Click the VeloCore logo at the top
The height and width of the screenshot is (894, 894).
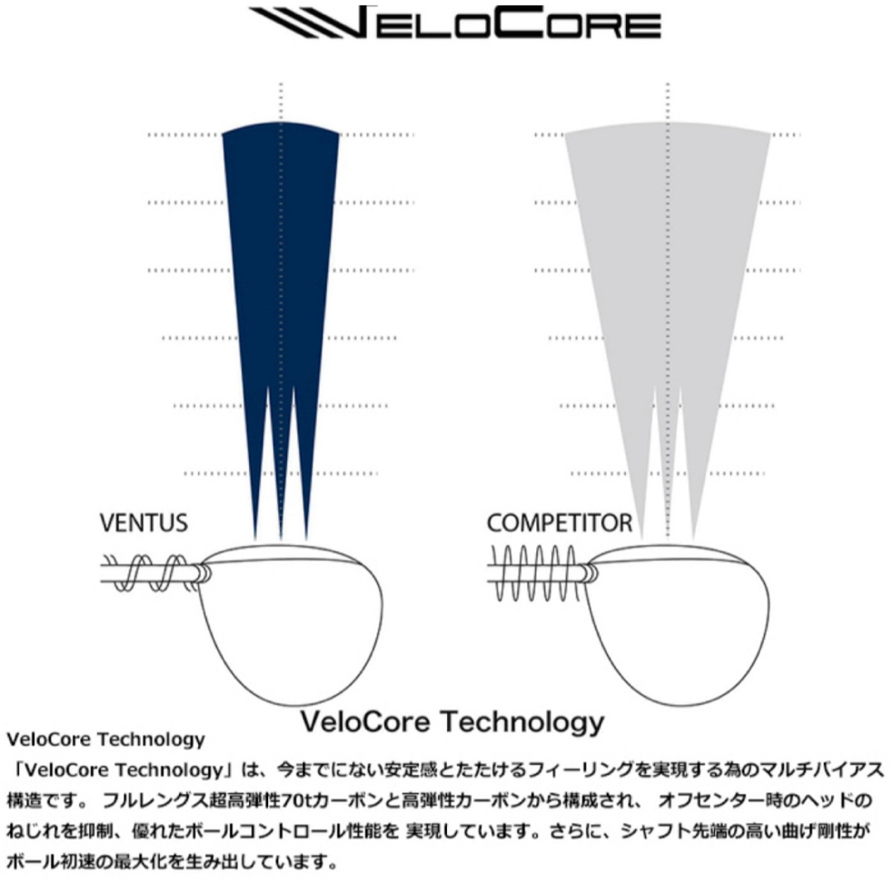click(x=455, y=23)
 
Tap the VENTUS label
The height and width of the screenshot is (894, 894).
click(x=144, y=523)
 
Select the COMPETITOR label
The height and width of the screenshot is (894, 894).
click(x=560, y=523)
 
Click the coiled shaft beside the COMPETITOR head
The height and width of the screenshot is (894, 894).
click(x=535, y=573)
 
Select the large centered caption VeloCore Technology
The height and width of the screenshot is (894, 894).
click(x=452, y=721)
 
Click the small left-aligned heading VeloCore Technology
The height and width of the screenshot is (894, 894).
click(x=105, y=739)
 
